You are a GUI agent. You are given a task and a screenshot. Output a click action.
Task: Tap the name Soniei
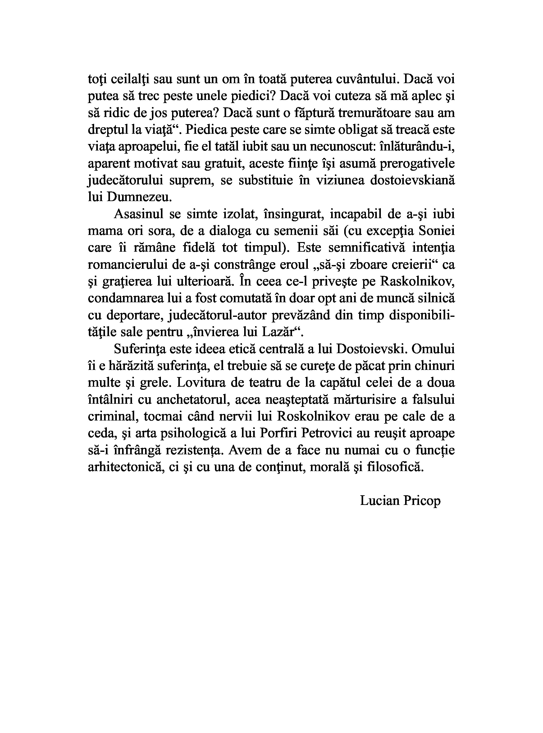point(437,231)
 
